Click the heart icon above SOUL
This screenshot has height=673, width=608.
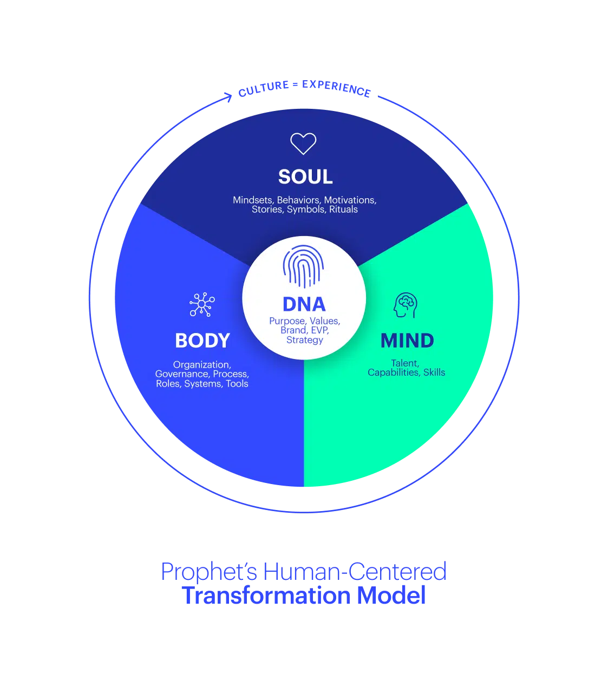[303, 143]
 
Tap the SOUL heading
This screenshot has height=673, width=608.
[305, 177]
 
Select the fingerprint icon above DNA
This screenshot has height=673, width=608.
[303, 266]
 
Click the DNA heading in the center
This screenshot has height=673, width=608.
[304, 304]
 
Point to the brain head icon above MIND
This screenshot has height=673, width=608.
[406, 305]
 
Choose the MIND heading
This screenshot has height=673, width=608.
[407, 341]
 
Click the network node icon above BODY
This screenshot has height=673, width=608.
[202, 305]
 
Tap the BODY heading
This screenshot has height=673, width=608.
[202, 341]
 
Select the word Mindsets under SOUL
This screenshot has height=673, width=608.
[253, 200]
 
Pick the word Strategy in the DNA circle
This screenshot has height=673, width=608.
[304, 340]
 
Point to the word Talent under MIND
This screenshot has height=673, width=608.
[405, 363]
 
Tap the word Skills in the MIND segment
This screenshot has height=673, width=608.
[434, 373]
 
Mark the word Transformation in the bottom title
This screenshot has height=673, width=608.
[266, 596]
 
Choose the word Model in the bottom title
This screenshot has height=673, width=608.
[391, 596]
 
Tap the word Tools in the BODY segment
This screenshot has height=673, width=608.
[237, 384]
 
